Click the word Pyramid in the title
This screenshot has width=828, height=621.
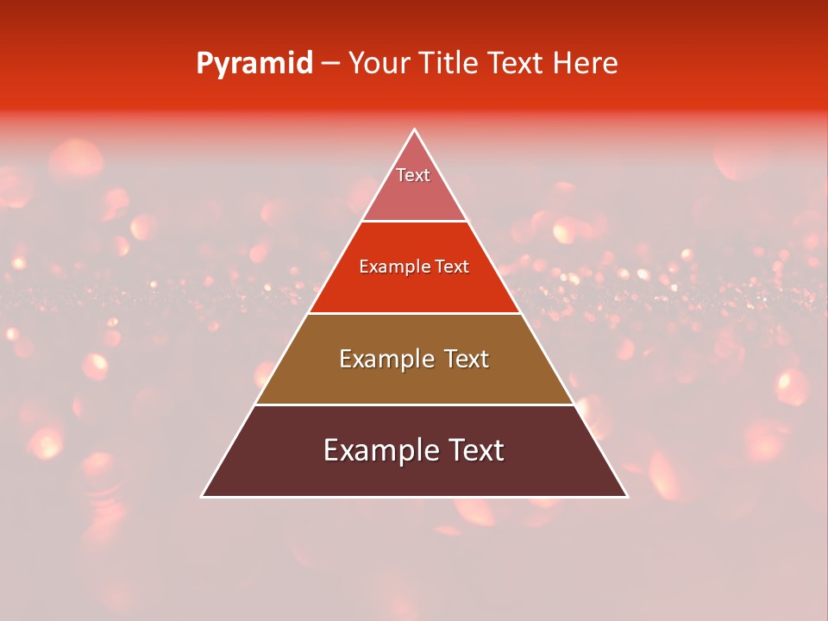coord(254,64)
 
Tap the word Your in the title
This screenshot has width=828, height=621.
coord(377,64)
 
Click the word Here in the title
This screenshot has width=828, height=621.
coord(585,64)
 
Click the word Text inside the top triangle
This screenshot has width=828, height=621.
coord(413,175)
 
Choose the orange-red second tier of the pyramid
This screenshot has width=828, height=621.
coord(414,289)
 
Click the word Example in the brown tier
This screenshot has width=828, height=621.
coord(383,359)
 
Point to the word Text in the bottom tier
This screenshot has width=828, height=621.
coord(474,450)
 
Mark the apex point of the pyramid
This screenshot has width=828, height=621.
coord(415,130)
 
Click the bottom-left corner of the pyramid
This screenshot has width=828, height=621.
coord(203,496)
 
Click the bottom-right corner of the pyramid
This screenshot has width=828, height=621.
coord(627,496)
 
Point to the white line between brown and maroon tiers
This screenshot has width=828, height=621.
coord(414,405)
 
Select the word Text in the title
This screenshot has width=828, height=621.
coord(516,64)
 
